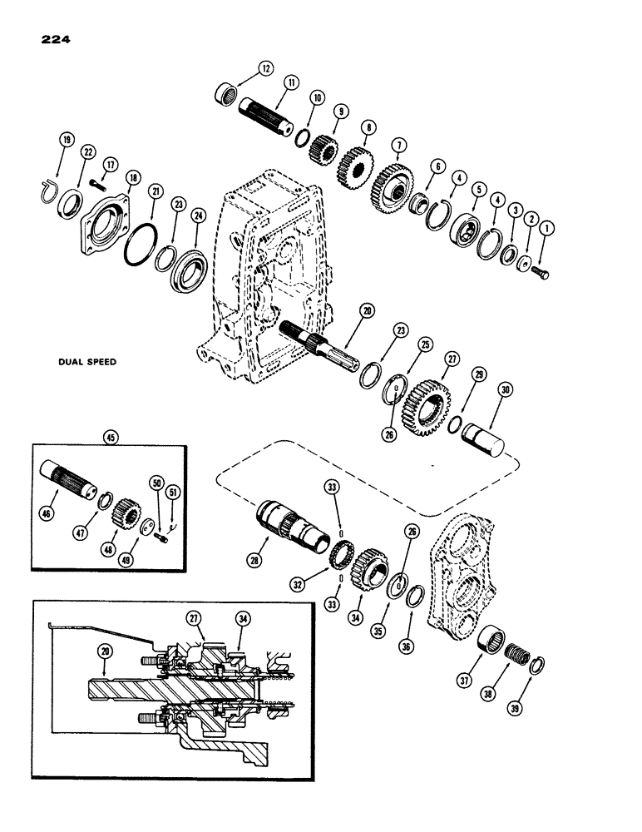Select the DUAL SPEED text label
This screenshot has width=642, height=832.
[86, 362]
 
